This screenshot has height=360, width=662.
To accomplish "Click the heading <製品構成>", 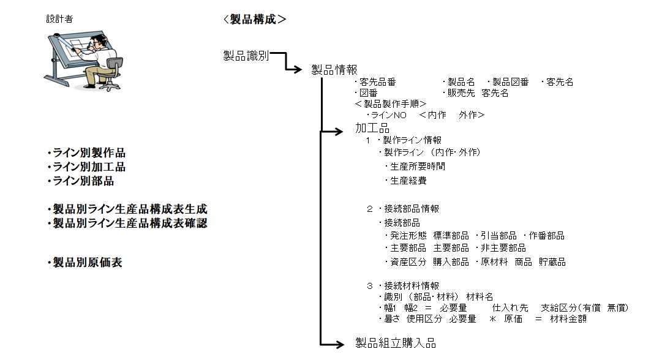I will (255, 19).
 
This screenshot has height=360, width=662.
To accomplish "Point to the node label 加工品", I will (372, 129).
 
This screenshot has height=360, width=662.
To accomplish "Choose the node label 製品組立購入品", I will (396, 343).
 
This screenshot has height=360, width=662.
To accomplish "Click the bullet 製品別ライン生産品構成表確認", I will (127, 223).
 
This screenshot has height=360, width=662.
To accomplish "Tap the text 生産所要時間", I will (416, 167).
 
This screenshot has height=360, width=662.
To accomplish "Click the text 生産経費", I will (406, 181).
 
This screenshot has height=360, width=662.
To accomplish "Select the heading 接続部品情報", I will (411, 209).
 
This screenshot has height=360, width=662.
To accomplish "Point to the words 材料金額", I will (568, 319).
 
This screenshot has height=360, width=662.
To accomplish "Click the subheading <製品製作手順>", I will (390, 104).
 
